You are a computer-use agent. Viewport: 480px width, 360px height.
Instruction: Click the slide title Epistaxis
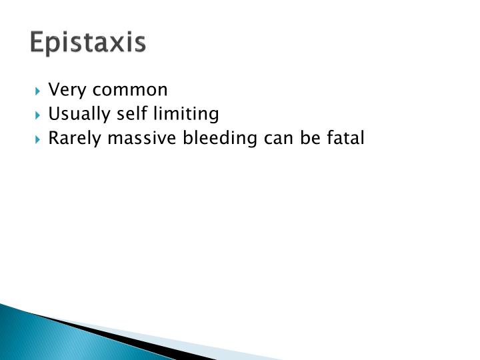click(87, 43)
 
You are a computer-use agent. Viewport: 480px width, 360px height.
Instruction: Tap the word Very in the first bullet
click(64, 90)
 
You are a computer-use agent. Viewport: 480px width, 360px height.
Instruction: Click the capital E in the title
click(37, 43)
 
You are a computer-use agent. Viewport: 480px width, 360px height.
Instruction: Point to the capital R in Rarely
click(53, 139)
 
